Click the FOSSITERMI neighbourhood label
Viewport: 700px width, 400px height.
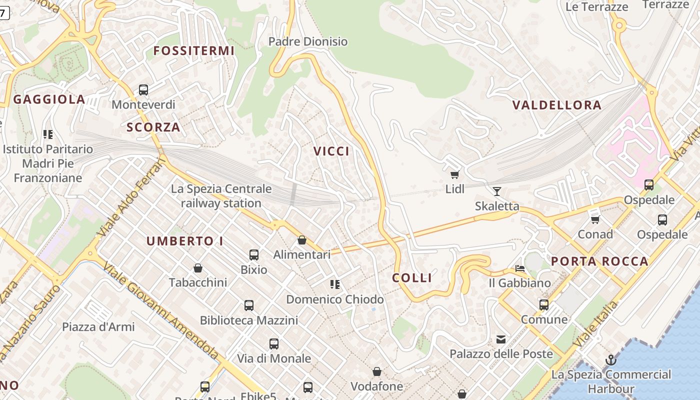193,51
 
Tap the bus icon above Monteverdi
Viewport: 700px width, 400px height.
143,90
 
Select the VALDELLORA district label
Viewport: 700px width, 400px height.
557,105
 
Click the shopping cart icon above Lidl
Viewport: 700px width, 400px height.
454,174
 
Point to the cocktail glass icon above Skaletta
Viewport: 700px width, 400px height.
496,191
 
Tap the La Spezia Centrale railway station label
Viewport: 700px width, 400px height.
221,196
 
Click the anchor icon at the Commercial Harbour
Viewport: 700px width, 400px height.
610,360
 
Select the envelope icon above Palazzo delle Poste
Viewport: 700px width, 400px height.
500,339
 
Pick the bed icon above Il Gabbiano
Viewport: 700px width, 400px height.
520,268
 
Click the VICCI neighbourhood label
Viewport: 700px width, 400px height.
331,151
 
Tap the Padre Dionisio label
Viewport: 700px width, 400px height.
308,41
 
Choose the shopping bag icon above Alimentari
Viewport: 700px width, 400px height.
302,240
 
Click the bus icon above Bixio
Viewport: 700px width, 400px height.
254,255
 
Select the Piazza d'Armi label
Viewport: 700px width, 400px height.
98,327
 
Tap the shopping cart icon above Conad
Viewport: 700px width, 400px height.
595,219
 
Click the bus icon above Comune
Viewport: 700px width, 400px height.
544,304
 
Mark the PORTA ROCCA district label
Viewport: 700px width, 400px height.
599,261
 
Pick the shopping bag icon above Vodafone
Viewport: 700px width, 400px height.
377,371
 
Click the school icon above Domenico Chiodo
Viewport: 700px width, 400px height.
335,284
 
